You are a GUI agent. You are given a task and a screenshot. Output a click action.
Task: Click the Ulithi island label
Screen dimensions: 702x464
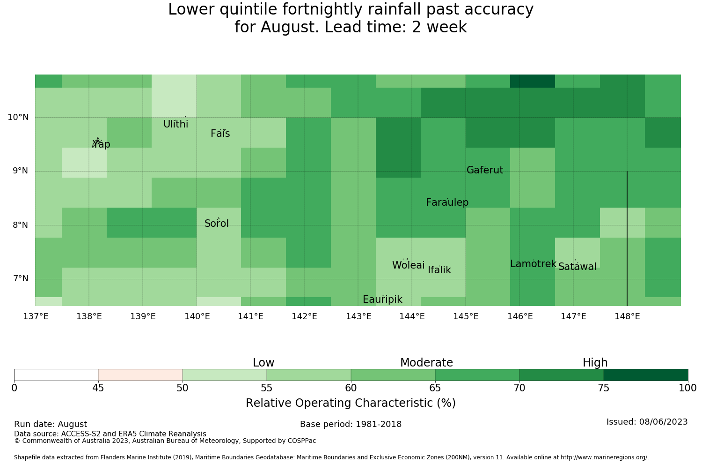(176, 124)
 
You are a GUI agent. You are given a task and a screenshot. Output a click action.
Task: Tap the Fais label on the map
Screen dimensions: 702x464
(220, 134)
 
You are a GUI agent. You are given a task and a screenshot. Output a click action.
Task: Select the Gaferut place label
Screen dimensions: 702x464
(485, 170)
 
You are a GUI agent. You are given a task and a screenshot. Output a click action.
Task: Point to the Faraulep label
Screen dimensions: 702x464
(447, 202)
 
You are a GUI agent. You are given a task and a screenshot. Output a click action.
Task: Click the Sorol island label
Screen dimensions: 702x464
(217, 224)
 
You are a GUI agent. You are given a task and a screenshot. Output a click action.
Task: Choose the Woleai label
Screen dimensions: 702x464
(409, 265)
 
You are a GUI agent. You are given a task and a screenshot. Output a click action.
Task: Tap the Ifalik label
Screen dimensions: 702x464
(439, 269)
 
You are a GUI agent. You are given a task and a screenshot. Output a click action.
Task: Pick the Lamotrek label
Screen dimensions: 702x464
(534, 264)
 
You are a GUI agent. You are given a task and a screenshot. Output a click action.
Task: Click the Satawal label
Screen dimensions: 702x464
(577, 267)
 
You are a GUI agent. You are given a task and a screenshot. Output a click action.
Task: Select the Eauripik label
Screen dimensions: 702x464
(382, 299)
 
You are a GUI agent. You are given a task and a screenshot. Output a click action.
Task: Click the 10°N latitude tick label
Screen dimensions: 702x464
(18, 117)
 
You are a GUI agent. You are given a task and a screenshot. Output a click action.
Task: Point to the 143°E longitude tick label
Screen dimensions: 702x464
(358, 316)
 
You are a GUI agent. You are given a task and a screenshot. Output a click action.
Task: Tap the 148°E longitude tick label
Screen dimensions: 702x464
(628, 316)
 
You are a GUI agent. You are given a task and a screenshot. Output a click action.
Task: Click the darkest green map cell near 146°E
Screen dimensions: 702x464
(533, 81)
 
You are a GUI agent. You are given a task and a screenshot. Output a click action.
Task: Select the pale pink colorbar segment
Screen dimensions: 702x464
(140, 375)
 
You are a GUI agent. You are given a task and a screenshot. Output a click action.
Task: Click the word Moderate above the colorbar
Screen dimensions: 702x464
(426, 363)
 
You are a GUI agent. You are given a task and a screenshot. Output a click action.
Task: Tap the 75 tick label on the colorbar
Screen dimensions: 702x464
(604, 388)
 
